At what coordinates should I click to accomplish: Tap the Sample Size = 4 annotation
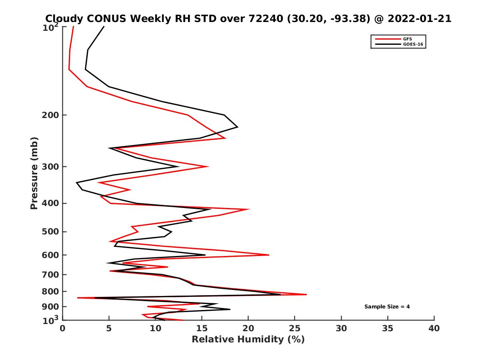[387, 307]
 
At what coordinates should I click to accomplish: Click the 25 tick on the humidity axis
[295, 329]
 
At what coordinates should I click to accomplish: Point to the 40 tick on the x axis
[434, 329]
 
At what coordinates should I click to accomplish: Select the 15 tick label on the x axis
[202, 329]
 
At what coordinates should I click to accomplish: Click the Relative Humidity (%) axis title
[248, 340]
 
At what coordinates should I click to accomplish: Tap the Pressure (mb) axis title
[34, 173]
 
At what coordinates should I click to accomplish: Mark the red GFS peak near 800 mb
[306, 294]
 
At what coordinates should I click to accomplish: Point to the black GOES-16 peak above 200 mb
[238, 127]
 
